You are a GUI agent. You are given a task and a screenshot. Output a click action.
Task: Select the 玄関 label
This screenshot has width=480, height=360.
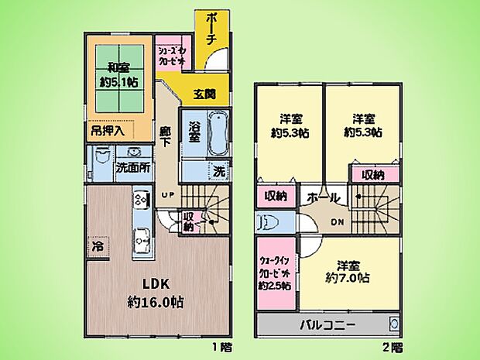coord(204,94)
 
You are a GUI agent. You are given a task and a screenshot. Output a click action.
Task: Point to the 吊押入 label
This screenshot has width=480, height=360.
coord(108,131)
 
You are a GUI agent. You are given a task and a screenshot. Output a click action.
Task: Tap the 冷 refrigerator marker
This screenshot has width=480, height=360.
coord(98,247)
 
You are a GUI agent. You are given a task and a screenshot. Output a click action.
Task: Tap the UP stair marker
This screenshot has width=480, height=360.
coord(166,194)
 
